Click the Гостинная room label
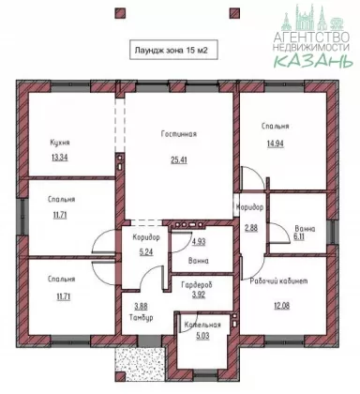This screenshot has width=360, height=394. click(179, 134)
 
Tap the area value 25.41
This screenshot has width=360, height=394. click(179, 160)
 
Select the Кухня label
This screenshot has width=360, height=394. click(60, 143)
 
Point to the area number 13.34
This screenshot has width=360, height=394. click(59, 158)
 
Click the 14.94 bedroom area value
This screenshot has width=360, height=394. click(276, 144)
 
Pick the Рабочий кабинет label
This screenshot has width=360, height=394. click(278, 280)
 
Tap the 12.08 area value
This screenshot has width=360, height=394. click(281, 306)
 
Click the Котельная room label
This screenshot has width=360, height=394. click(202, 325)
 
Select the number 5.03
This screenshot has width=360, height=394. click(202, 336)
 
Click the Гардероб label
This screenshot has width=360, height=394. click(197, 285)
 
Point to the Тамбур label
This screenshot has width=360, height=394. click(141, 317)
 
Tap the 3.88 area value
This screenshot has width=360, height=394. click(141, 307)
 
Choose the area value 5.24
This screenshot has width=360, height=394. click(146, 251)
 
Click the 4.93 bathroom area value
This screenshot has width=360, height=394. click(199, 241)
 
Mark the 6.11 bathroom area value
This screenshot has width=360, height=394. click(299, 236)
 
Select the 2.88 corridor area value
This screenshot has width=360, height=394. click(251, 228)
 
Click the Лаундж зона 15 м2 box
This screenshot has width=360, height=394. click(173, 50)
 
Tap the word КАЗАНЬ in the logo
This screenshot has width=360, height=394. click(313, 60)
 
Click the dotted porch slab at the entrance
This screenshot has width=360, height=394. click(140, 364)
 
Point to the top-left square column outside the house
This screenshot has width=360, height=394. click(120, 13)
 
